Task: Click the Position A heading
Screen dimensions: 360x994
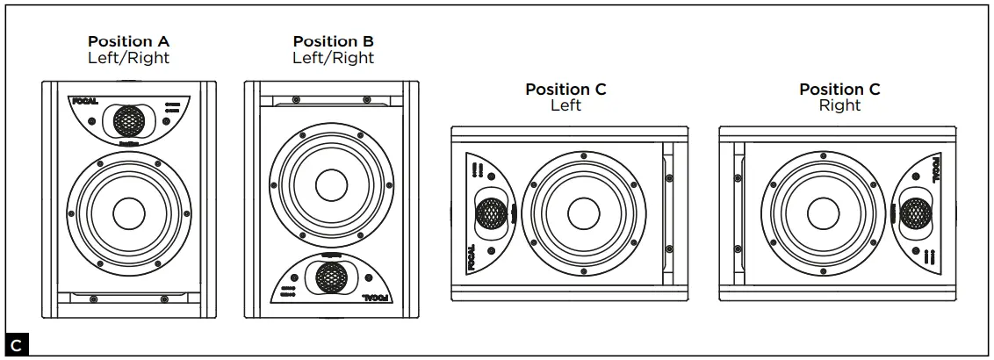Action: pyautogui.click(x=128, y=42)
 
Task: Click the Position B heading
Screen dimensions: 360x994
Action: pyautogui.click(x=333, y=42)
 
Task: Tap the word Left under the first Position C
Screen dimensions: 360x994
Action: pyautogui.click(x=565, y=105)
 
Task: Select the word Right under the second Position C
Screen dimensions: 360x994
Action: pyautogui.click(x=839, y=105)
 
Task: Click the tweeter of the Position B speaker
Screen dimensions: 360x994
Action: pyautogui.click(x=331, y=278)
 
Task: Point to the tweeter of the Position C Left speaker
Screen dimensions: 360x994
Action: pyautogui.click(x=492, y=212)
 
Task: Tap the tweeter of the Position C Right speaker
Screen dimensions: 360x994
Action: pyautogui.click(x=913, y=212)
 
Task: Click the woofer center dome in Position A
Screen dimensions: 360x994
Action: pyautogui.click(x=128, y=213)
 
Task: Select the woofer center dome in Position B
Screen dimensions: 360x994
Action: pyautogui.click(x=331, y=185)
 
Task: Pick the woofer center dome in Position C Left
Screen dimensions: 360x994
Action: pyautogui.click(x=580, y=212)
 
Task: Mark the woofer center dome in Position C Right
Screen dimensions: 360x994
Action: pyautogui.click(x=823, y=212)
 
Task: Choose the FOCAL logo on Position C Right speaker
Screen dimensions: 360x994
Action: pyautogui.click(x=933, y=166)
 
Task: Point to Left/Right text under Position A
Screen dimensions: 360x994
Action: pyautogui.click(x=128, y=58)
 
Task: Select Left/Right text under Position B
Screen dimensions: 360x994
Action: pyautogui.click(x=333, y=58)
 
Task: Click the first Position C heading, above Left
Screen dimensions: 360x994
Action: pyautogui.click(x=565, y=90)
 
